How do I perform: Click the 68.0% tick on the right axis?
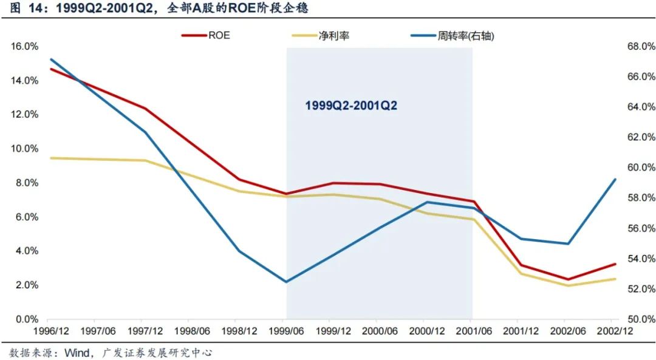point(641,46)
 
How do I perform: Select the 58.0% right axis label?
point(641,198)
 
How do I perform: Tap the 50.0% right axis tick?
point(641,319)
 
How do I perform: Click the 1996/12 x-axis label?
point(47,331)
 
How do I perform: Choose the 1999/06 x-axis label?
point(285,331)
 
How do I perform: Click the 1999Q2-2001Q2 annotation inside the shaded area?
point(351,106)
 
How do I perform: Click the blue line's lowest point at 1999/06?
point(286,282)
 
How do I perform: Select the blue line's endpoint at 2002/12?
point(615,179)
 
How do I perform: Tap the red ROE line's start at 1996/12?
point(50,69)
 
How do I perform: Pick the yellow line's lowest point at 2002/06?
point(566,285)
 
